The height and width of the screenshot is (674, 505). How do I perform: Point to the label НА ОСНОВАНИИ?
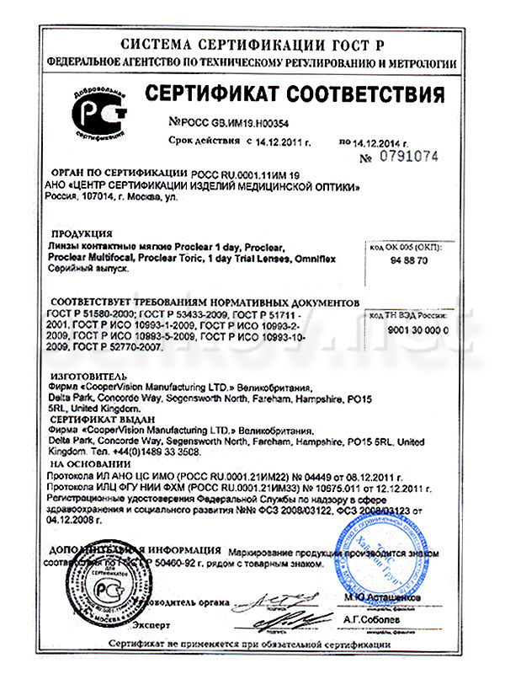87,463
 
